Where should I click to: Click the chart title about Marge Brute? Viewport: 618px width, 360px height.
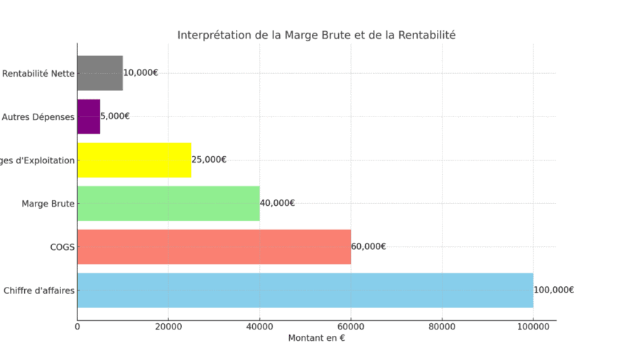(x=316, y=35)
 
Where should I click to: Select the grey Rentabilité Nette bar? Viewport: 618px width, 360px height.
(x=99, y=73)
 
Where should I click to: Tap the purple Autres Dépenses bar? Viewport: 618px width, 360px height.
(x=89, y=116)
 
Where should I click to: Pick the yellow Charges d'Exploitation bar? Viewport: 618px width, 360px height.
(x=134, y=160)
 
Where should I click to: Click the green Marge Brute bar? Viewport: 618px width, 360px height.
(x=168, y=203)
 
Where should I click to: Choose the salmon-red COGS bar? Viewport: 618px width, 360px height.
(x=213, y=246)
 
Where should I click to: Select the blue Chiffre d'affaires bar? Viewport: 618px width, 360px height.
(x=304, y=290)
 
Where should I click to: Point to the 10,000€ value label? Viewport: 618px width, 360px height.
(x=141, y=72)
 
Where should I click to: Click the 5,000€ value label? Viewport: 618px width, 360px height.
(x=115, y=116)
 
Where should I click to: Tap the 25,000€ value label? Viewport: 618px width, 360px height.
(x=209, y=160)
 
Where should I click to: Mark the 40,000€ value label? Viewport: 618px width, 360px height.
(x=277, y=203)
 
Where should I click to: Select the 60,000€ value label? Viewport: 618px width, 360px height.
(x=368, y=246)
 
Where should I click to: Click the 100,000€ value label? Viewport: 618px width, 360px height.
(x=553, y=290)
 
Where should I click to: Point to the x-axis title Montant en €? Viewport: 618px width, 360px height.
(x=316, y=338)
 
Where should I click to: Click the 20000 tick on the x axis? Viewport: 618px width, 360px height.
(x=168, y=327)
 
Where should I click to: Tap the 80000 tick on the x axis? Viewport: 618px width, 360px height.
(x=442, y=327)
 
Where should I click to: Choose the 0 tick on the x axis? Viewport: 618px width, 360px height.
(x=77, y=327)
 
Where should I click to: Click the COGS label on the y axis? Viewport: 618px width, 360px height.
(x=62, y=247)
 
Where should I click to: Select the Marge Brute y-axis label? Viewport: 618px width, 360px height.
(x=48, y=204)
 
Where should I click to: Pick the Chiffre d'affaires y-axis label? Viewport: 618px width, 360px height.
(x=39, y=290)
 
